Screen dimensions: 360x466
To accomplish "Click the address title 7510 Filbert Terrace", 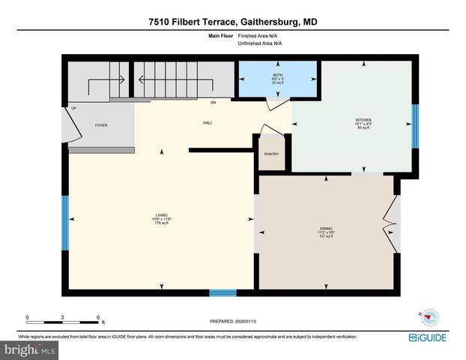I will pyautogui.click(x=232, y=22).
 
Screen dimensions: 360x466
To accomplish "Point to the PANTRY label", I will pyautogui.click(x=271, y=154).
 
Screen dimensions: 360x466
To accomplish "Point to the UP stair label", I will pyautogui.click(x=74, y=109).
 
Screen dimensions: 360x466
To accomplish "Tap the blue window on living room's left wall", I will pyautogui.click(x=65, y=218).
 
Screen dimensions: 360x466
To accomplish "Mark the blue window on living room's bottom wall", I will pyautogui.click(x=223, y=292).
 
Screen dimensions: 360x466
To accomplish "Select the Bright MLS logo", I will pyautogui.click(x=30, y=349).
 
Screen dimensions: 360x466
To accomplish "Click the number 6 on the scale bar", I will pyautogui.click(x=98, y=316).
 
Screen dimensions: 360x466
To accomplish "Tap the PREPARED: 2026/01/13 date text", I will pyautogui.click(x=238, y=321).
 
